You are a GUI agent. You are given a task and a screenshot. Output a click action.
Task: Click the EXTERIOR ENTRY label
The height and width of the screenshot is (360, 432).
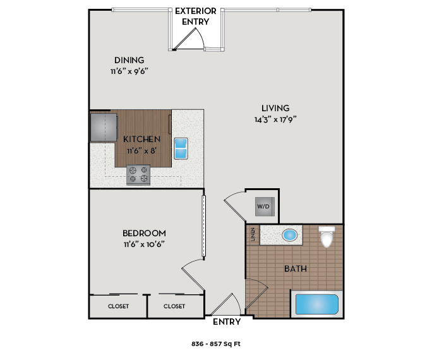tap(196, 16)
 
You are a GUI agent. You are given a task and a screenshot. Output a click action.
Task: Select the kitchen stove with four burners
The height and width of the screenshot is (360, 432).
tap(138, 174)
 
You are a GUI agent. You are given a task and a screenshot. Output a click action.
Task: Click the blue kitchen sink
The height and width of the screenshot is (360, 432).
tap(181, 148)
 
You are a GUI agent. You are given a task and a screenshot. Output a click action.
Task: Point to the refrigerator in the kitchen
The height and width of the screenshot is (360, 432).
tap(103, 126)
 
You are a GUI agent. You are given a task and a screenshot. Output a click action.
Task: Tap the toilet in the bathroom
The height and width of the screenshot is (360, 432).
tap(326, 237)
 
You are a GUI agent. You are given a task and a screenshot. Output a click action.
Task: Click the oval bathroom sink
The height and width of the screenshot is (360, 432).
tap(290, 236)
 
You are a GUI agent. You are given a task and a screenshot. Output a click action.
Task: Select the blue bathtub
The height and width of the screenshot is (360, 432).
tap(317, 304)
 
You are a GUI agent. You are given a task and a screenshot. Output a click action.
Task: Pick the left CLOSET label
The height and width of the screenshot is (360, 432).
tap(118, 306)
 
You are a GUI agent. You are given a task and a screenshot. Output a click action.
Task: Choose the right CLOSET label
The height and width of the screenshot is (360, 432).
tap(174, 306)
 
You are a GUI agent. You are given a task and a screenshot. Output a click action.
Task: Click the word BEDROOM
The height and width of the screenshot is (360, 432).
tap(145, 233)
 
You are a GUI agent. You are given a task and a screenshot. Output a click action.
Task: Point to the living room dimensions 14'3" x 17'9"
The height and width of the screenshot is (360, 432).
tap(275, 118)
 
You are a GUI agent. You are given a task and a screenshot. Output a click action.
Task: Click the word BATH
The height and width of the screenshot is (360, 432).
tap(296, 268)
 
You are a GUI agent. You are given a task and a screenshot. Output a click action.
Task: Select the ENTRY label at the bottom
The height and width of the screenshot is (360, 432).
tap(227, 322)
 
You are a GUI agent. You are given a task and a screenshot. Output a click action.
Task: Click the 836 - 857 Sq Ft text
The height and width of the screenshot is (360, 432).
tap(216, 345)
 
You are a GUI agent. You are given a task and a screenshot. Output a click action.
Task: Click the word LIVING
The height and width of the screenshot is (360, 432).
tap(275, 107)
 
